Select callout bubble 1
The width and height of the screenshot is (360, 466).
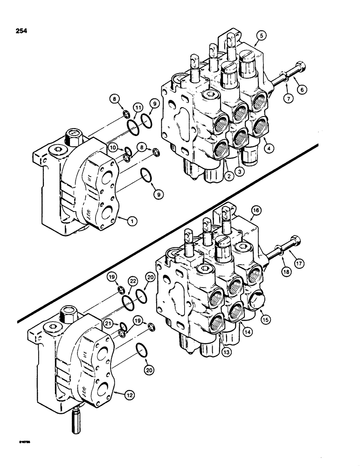pyautogui.click(x=132, y=222)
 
